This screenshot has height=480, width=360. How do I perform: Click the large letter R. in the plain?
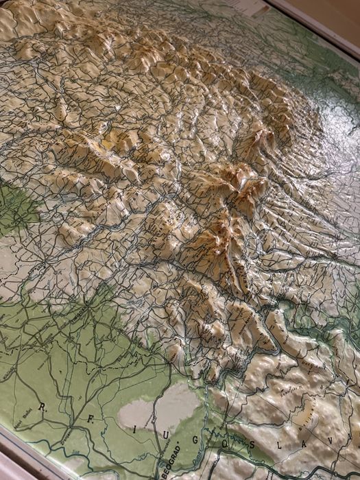click(43, 407)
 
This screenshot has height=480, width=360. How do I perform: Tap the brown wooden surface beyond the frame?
click(329, 10)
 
